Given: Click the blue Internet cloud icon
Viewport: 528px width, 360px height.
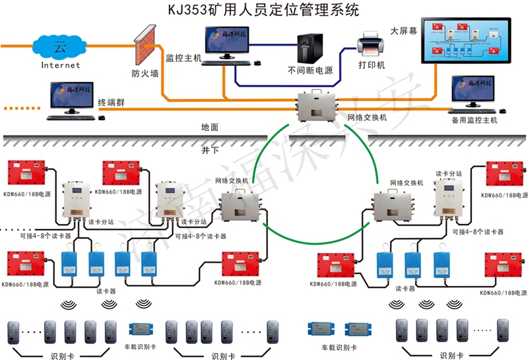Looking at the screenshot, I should [60, 47].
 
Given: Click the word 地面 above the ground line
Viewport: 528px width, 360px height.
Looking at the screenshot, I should [210, 127].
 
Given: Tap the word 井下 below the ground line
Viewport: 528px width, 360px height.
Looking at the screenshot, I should [210, 150].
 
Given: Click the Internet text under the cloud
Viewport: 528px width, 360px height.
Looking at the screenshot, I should [60, 65].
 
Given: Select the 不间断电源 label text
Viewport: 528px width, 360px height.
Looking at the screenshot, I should [310, 69].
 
